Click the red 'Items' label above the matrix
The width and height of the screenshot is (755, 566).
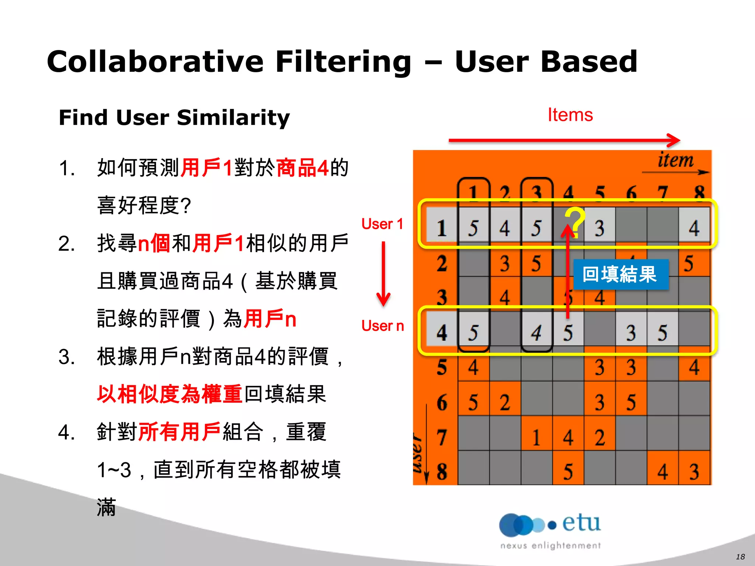tap(570, 115)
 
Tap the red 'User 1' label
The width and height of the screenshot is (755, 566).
tap(382, 224)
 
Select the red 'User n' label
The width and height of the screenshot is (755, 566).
tap(383, 326)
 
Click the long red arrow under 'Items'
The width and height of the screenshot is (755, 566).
tap(564, 140)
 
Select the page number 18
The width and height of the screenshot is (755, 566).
tap(740, 557)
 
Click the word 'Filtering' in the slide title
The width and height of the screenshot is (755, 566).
tap(343, 62)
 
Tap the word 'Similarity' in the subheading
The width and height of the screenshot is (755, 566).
tap(233, 118)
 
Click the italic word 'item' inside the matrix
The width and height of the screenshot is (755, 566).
tap(675, 161)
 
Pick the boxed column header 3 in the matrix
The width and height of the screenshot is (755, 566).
tap(537, 192)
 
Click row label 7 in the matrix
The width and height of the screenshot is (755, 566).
tap(442, 437)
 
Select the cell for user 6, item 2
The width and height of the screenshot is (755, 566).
tap(505, 402)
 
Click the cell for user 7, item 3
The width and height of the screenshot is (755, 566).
tap(537, 437)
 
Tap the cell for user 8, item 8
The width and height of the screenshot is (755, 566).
tap(694, 472)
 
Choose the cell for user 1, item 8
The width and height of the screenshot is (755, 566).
tap(694, 228)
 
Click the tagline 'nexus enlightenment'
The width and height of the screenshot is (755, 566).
tap(550, 546)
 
